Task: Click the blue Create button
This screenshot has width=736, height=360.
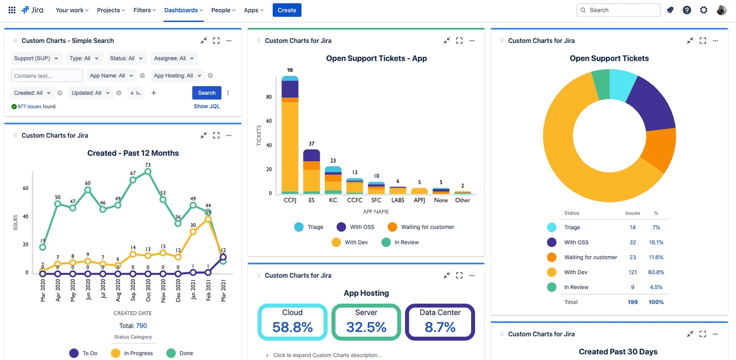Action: (287, 10)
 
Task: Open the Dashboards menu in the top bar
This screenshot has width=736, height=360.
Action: (183, 10)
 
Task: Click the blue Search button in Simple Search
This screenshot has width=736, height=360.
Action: (206, 93)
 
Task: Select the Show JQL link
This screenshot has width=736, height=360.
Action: (206, 106)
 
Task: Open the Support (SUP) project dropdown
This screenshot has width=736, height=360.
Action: (36, 58)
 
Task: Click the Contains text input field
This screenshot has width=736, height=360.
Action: (46, 76)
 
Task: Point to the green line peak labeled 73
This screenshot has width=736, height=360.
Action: (148, 172)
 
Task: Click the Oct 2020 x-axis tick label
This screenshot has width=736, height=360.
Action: (148, 290)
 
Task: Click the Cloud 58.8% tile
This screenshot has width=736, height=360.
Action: (292, 322)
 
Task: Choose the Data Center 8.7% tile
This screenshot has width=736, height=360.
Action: (440, 322)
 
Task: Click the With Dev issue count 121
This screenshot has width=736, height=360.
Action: (632, 272)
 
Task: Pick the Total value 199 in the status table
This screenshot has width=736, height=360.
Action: (632, 302)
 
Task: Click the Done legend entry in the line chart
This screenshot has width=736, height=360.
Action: (180, 353)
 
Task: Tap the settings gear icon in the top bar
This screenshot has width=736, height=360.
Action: (704, 10)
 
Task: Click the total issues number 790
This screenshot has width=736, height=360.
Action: (141, 326)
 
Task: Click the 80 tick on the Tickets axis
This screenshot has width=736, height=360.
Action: (269, 97)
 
